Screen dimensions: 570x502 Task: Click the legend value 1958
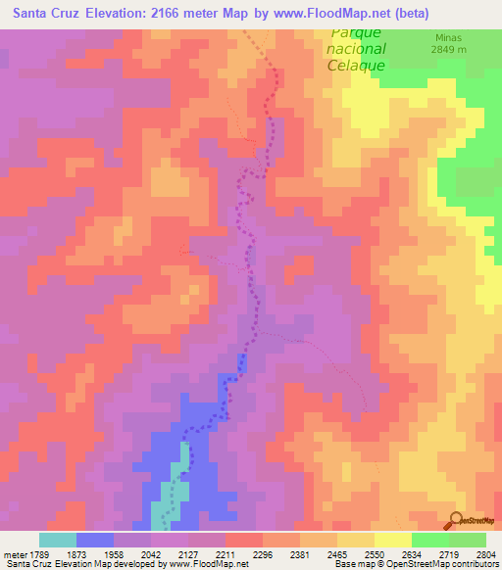(129, 553)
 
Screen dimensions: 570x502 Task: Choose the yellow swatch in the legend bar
(392, 540)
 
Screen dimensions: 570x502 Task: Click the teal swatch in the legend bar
(57, 540)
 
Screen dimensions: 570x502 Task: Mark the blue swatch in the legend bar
(95, 540)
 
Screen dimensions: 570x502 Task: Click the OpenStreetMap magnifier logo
(454, 519)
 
